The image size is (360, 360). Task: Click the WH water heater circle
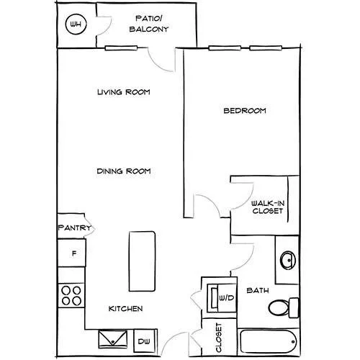[x=76, y=24]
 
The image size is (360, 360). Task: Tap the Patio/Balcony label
[x=149, y=24]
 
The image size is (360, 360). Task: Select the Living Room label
[x=124, y=92]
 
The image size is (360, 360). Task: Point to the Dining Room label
[x=124, y=171]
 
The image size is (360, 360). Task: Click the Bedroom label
[x=245, y=111]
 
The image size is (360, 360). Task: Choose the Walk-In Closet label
[x=268, y=207]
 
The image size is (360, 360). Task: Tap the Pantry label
[x=75, y=228]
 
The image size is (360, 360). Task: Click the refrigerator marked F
[x=72, y=253]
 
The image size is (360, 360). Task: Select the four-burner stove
[x=71, y=295]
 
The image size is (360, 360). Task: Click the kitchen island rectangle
[x=142, y=261]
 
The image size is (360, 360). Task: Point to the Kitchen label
[x=125, y=308]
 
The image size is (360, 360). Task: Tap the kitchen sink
[x=113, y=339]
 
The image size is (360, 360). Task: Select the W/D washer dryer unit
[x=222, y=298]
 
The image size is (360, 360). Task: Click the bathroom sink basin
[x=288, y=260]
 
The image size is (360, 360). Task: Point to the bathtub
[x=269, y=341]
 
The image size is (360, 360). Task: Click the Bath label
[x=258, y=290]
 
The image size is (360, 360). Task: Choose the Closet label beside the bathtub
[x=219, y=338]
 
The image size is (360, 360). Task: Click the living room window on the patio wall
[x=121, y=48]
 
